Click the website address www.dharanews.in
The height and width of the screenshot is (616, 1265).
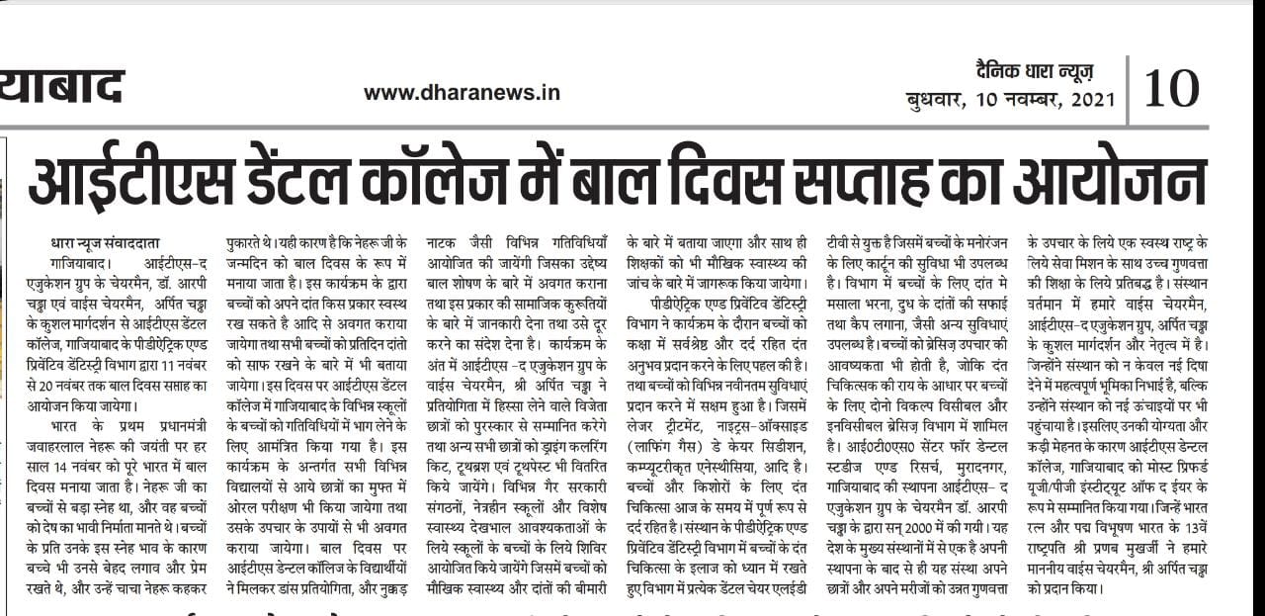coord(462,92)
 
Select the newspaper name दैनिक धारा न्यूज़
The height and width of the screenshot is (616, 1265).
coord(1032,71)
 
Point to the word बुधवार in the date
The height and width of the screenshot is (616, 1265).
coord(936,100)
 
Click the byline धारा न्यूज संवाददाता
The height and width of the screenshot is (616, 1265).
coord(105,244)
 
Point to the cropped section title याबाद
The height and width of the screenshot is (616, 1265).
coord(61,87)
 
